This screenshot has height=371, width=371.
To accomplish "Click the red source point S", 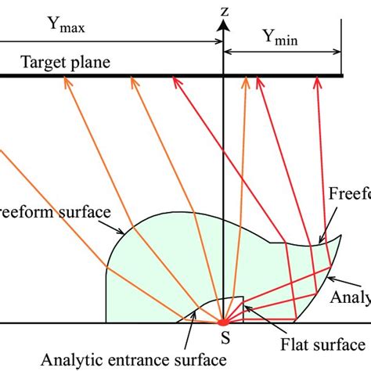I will coord(223,322).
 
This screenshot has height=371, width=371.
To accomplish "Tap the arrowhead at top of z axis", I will coord(224,23).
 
